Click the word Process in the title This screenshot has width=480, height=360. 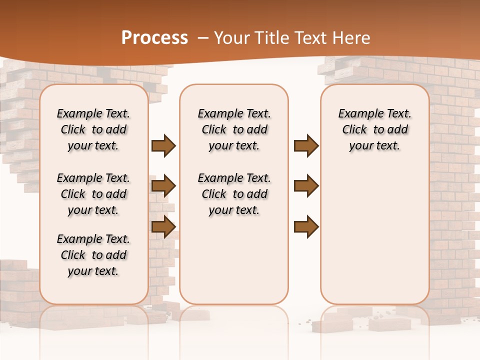[154, 37]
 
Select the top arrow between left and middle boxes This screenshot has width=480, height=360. [163, 146]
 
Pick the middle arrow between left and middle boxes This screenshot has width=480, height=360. [163, 186]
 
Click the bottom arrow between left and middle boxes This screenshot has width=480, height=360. [163, 226]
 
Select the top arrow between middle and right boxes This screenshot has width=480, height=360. [306, 146]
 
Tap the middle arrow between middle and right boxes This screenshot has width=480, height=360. [306, 186]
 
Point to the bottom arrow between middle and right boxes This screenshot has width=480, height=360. [306, 226]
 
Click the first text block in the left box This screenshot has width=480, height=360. [93, 129]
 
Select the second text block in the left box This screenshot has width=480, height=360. [93, 194]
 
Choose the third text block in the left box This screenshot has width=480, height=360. [93, 255]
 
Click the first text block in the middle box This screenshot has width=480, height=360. [234, 129]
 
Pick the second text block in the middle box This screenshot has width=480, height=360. [234, 194]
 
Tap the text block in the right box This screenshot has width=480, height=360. [375, 129]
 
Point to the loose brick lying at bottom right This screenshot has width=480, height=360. [393, 324]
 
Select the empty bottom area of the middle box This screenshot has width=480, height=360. [234, 265]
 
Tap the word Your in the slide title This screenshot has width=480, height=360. [231, 38]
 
